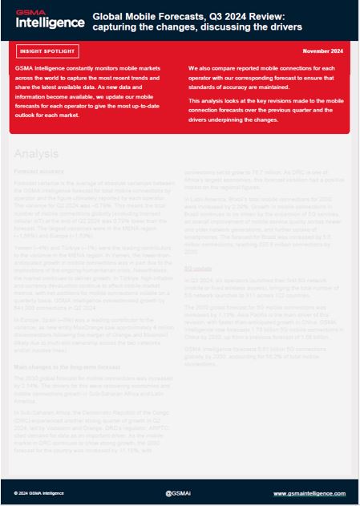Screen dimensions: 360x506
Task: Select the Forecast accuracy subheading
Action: pyautogui.click(x=40, y=172)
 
